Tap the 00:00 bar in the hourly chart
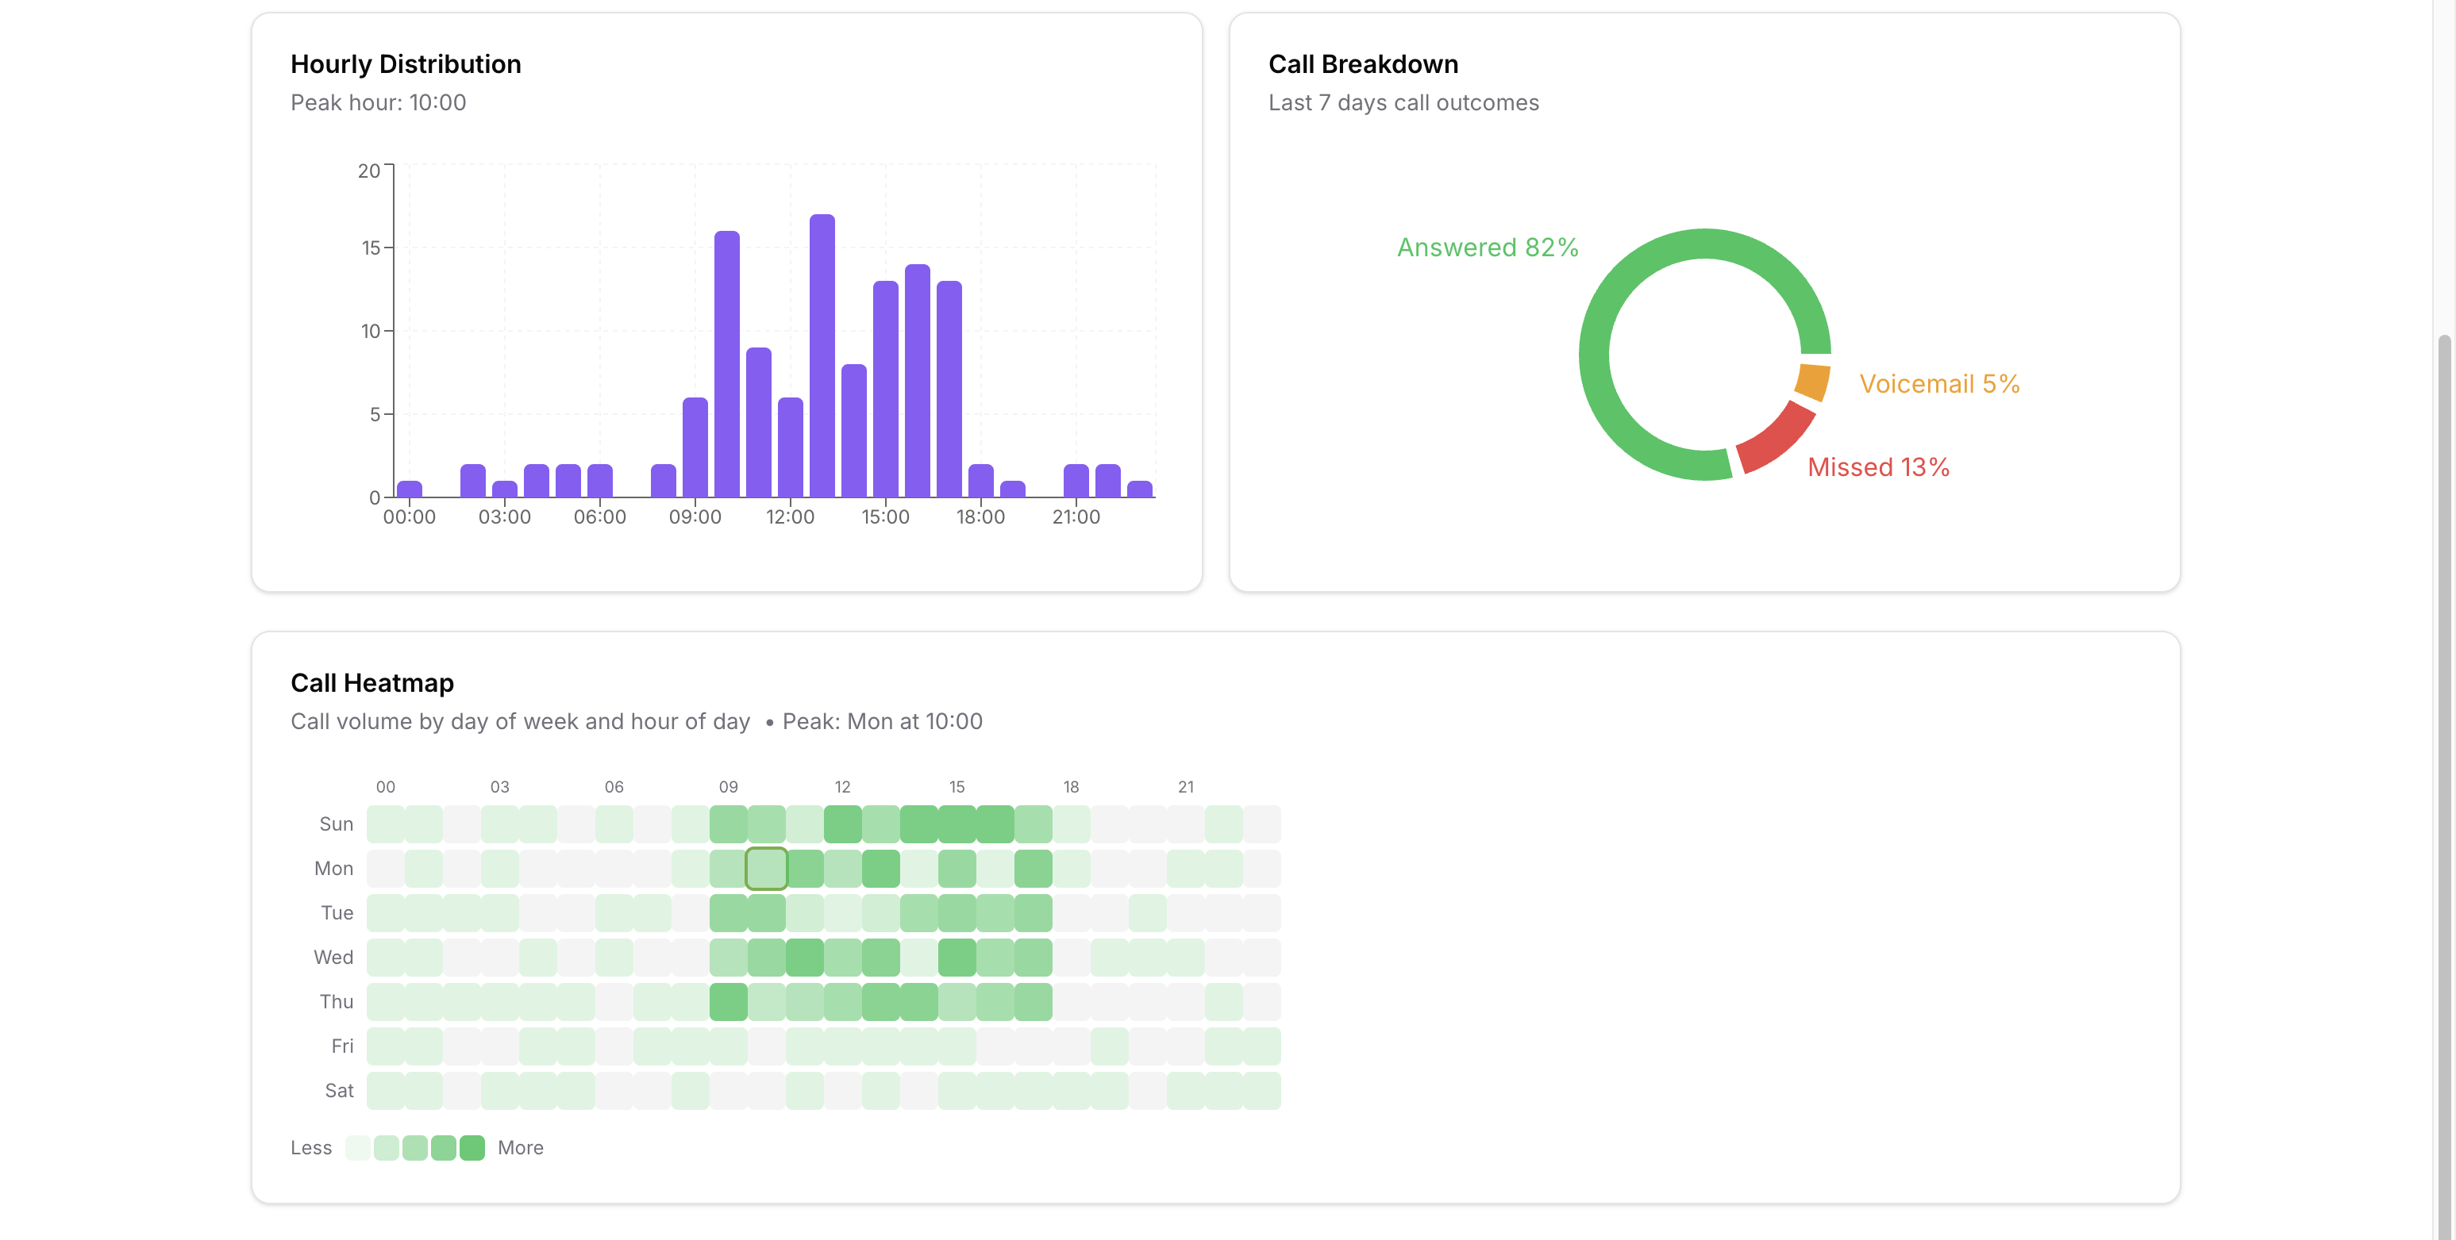(409, 489)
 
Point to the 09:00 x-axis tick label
(695, 516)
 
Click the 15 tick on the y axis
(370, 248)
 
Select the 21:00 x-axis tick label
(1076, 516)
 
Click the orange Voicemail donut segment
(1811, 382)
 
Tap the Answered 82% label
(1488, 248)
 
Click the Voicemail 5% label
(1939, 384)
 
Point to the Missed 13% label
(1878, 467)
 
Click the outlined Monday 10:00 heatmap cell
(767, 868)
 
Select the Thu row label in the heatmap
(337, 1002)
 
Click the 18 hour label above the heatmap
(1071, 787)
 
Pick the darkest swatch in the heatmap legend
(472, 1147)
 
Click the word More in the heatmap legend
(521, 1147)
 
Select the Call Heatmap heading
(371, 682)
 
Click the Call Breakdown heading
(1362, 63)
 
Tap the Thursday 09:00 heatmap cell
(729, 1002)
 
